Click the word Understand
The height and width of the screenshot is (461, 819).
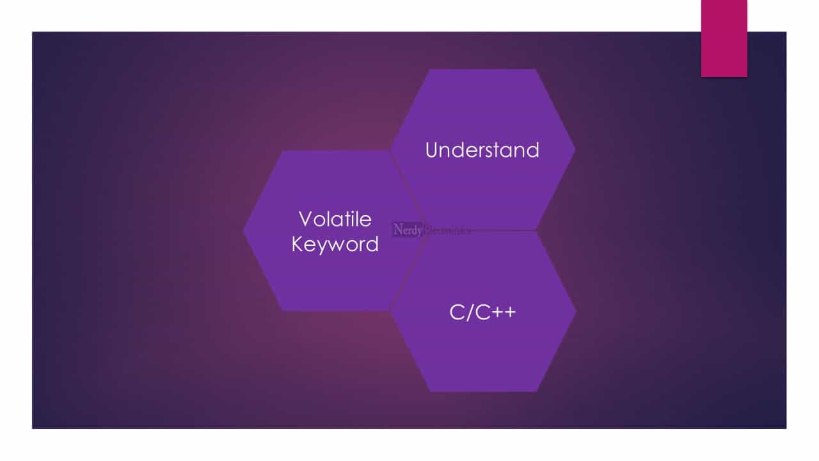click(x=482, y=150)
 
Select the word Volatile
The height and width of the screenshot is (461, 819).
click(x=335, y=219)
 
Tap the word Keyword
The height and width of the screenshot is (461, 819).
click(x=335, y=244)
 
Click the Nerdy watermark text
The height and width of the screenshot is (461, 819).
click(x=408, y=229)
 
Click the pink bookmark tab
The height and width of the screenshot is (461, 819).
click(x=724, y=38)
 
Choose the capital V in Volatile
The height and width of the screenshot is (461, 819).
click(x=306, y=219)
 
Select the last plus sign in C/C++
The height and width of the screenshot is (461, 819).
click(x=509, y=312)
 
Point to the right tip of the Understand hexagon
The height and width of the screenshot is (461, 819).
click(x=575, y=149)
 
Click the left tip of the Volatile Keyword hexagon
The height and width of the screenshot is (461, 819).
click(x=244, y=230)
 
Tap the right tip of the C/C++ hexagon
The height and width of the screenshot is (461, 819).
click(x=575, y=311)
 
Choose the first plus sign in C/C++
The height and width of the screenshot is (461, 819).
click(x=495, y=312)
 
